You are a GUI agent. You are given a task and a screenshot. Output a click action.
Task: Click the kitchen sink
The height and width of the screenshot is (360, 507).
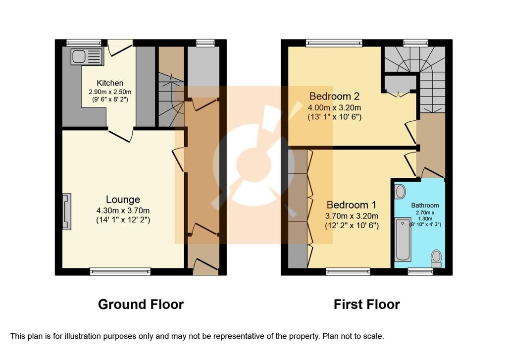[87, 56]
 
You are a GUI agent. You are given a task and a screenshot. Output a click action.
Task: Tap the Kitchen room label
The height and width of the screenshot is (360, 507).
[110, 83]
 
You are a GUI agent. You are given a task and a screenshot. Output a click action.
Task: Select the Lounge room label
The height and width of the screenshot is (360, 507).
[123, 199]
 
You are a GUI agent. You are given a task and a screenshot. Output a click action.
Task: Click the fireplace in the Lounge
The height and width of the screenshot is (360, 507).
[67, 211]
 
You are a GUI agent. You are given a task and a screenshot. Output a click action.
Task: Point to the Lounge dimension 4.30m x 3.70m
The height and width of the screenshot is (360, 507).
[123, 210]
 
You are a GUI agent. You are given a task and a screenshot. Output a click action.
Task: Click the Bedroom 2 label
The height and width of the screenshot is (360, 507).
[334, 96]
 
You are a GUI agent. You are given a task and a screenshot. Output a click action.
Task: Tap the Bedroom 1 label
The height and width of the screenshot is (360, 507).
[352, 205]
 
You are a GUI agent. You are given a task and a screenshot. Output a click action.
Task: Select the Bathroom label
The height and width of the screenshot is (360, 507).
[425, 206]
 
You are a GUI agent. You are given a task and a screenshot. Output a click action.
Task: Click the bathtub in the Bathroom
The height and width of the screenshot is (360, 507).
[403, 240]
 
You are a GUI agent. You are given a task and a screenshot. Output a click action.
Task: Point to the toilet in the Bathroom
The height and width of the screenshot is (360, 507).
[436, 258]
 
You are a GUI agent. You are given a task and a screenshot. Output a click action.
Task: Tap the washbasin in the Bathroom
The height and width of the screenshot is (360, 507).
[400, 192]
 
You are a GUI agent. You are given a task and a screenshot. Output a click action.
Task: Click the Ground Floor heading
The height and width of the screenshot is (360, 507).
[141, 305]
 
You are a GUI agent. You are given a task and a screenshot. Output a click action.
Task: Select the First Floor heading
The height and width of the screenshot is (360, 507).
[367, 305]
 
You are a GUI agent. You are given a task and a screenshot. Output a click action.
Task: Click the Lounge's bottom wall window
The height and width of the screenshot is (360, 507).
[120, 271]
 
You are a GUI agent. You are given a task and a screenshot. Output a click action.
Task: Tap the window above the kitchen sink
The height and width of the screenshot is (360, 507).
[84, 43]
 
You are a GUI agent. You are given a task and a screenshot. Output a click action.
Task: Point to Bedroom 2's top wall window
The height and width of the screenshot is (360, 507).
[334, 43]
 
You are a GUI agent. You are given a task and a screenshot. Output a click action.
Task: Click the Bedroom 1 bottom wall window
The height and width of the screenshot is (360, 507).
[348, 271]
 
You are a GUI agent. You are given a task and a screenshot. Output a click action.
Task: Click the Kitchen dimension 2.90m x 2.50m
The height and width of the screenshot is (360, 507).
[110, 92]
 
